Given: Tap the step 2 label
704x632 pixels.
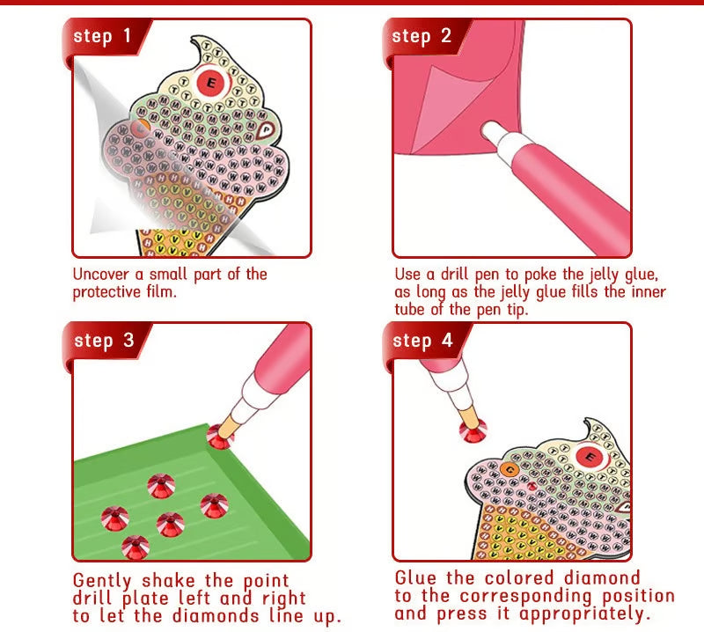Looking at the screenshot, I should click(422, 37).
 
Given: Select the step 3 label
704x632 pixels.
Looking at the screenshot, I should click(103, 341).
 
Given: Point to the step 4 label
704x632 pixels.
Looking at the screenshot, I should click(422, 341).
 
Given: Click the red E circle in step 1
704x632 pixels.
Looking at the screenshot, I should click(211, 83).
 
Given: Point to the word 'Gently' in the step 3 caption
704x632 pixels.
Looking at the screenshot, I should click(105, 582).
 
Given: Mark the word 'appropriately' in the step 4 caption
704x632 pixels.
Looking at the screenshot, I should click(582, 614).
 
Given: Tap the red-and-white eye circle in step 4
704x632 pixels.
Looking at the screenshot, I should click(589, 457).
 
